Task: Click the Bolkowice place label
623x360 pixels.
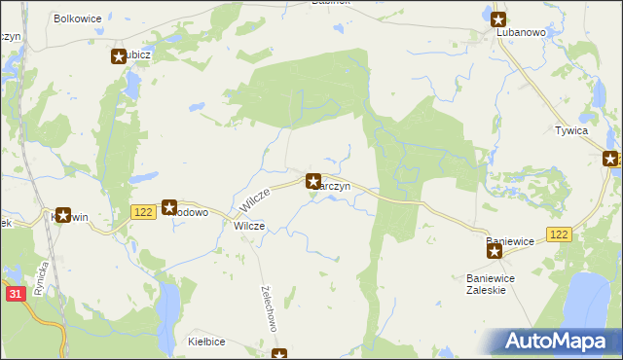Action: point(78,18)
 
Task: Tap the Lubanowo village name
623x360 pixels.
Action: point(521,32)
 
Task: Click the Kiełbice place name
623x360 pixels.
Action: point(207,342)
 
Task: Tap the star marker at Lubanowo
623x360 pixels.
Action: point(498,18)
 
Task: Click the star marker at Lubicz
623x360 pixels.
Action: point(119,56)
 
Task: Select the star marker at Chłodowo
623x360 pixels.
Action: point(169,206)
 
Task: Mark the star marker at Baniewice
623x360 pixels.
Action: point(495,252)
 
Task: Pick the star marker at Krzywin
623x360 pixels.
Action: point(64,215)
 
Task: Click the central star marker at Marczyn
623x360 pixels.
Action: point(313,180)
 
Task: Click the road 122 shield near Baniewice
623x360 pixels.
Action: point(559,234)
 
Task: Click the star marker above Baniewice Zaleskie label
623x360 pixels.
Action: point(495,252)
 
